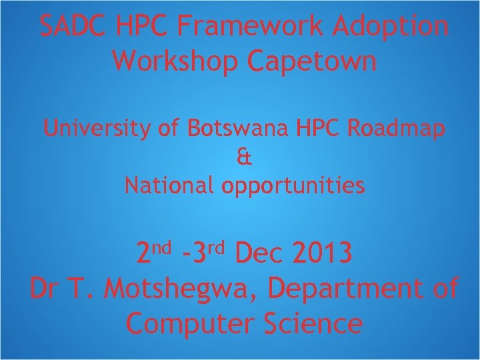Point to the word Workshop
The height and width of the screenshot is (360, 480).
click(x=176, y=61)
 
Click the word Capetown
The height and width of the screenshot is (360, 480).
click(x=312, y=61)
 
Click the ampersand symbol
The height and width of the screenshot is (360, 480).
click(x=244, y=157)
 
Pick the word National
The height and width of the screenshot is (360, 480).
click(x=169, y=185)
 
